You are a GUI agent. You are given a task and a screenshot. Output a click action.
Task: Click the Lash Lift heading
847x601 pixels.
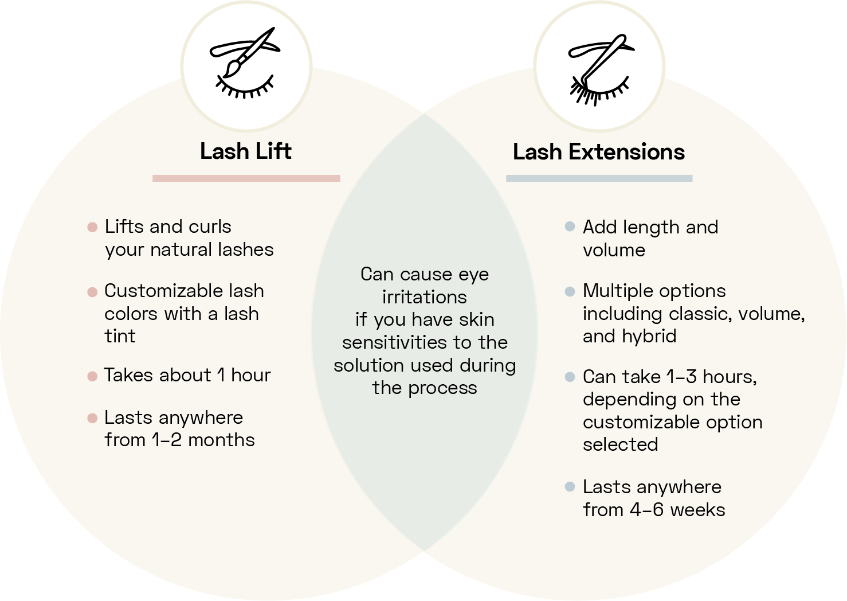point(245,151)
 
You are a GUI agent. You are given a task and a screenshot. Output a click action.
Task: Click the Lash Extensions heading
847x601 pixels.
point(598,152)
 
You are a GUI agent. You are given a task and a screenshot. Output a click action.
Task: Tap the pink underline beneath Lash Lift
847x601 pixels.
point(246,178)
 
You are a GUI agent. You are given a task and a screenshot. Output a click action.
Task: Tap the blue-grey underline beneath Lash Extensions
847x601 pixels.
point(599,178)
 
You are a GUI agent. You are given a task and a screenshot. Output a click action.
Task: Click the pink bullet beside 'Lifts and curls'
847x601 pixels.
point(92,227)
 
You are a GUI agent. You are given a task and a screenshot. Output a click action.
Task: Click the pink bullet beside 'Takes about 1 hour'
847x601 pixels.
point(92,376)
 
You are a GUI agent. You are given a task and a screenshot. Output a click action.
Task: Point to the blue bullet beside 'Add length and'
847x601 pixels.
point(570,227)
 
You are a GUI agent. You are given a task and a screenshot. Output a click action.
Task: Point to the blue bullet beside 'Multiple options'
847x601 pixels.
point(570,291)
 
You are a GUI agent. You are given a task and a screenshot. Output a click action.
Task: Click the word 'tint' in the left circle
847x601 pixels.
point(120,336)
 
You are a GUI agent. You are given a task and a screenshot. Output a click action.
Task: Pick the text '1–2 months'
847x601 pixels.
point(203,440)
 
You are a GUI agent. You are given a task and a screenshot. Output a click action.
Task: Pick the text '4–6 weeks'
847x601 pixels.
point(677,510)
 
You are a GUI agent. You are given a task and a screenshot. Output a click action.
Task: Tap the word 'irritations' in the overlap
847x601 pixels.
point(424,297)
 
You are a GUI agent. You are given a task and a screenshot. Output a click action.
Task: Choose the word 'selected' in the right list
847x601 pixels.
point(620,444)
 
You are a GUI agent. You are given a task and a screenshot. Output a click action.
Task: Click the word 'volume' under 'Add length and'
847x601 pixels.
point(614,250)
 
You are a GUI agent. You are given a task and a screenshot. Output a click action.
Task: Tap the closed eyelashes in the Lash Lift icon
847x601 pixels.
point(244,89)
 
